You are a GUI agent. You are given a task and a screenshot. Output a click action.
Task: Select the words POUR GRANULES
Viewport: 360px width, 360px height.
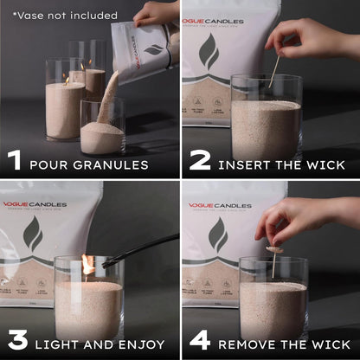tap(89, 164)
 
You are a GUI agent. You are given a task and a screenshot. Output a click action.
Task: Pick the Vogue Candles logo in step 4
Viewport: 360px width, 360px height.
tap(221, 205)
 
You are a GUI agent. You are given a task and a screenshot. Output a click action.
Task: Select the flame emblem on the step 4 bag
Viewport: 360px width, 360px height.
tap(217, 235)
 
